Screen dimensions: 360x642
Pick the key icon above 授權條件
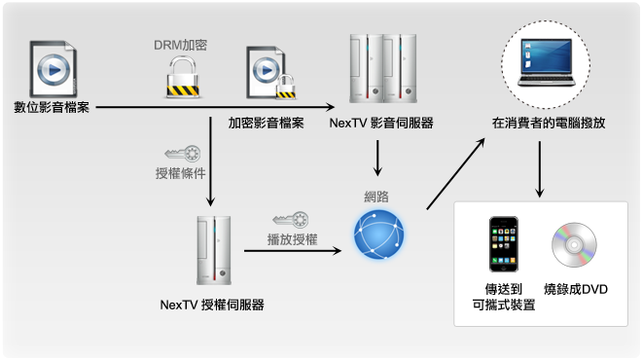[183, 153]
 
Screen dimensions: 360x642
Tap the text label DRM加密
[181, 44]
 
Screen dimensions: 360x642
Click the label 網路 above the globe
[376, 197]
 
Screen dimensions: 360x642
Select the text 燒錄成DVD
[576, 290]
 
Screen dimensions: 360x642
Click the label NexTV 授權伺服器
[212, 305]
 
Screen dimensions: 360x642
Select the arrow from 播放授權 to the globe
[292, 250]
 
